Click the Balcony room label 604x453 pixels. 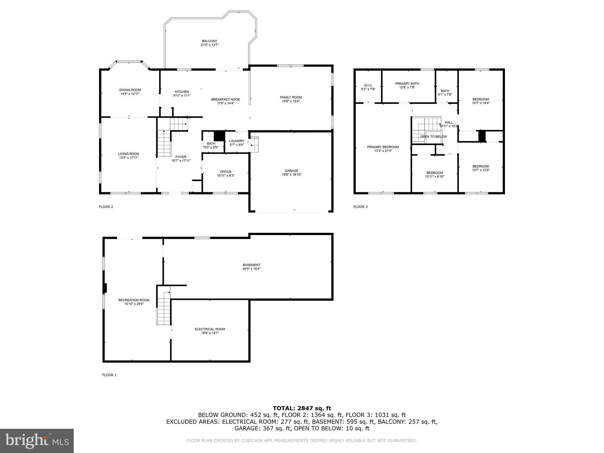(x=209, y=41)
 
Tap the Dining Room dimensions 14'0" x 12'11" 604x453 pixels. (x=130, y=94)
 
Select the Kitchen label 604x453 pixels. (x=182, y=92)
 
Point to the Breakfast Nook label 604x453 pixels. (x=225, y=99)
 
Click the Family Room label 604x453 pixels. (x=291, y=97)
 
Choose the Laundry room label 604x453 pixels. (x=237, y=141)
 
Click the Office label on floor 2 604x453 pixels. (x=225, y=172)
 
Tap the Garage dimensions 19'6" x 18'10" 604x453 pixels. (x=291, y=175)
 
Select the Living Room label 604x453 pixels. (x=128, y=154)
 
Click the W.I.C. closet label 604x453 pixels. (x=368, y=85)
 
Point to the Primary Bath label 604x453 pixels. (x=407, y=83)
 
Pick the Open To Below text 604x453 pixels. (x=433, y=137)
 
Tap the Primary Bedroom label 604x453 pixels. (x=383, y=147)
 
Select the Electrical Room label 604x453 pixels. (x=210, y=329)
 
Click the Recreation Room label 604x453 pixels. (x=134, y=300)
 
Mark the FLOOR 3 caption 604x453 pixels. (x=360, y=207)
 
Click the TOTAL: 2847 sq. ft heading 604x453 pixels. (x=302, y=408)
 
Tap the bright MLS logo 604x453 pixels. (x=37, y=441)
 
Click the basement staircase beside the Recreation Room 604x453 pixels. (x=164, y=308)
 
